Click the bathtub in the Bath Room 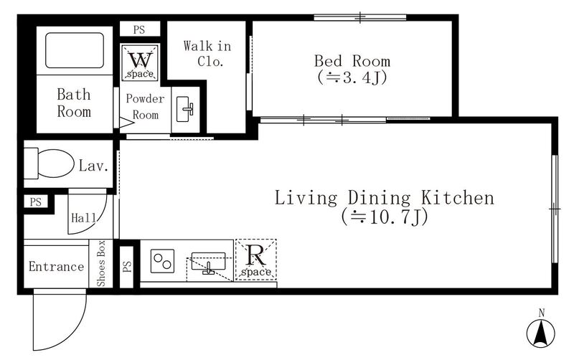[75, 50]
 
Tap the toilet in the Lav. [50, 164]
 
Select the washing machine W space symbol [140, 62]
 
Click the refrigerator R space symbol [256, 260]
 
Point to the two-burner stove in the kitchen [163, 261]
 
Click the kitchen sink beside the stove [208, 262]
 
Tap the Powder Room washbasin [185, 109]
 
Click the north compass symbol [541, 332]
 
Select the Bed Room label [352, 61]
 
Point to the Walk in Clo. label [207, 53]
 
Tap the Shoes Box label [100, 263]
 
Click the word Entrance [57, 266]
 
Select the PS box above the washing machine [140, 29]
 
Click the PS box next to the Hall [36, 202]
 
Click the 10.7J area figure [385, 217]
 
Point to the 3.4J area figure [352, 77]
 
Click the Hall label [84, 218]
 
